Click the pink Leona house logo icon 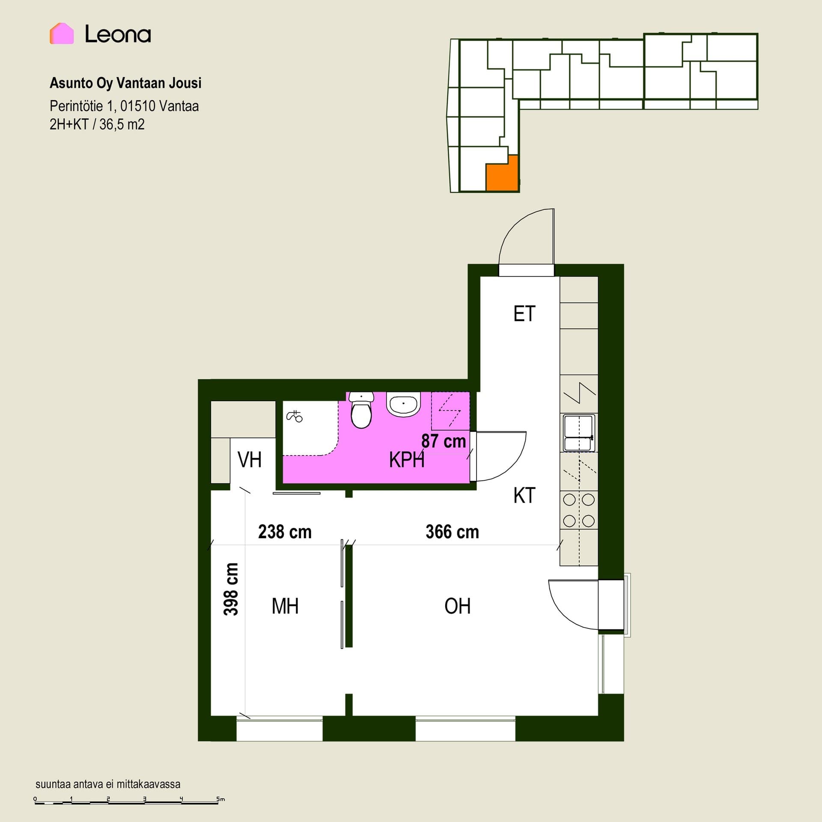[62, 33]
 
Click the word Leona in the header [118, 34]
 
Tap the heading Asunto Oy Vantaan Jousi [125, 83]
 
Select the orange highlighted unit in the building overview [502, 174]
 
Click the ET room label [524, 314]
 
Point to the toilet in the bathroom [361, 410]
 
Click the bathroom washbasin [403, 405]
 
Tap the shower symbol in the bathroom [294, 415]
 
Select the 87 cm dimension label [444, 441]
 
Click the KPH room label [407, 460]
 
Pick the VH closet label [249, 460]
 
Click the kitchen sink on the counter [579, 433]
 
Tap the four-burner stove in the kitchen [579, 510]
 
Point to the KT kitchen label [524, 495]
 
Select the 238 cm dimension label [285, 532]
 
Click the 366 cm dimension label [452, 532]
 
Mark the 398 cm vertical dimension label [231, 589]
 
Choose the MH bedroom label [285, 606]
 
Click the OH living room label [457, 606]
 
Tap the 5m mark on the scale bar [220, 799]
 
